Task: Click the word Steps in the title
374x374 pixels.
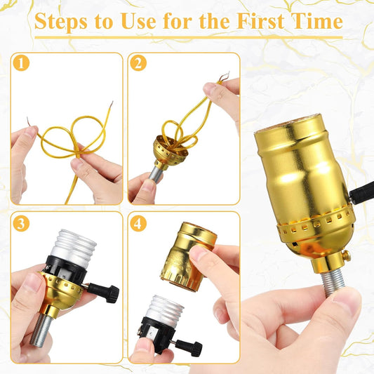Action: click(x=61, y=21)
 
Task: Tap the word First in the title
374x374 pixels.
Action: click(x=261, y=21)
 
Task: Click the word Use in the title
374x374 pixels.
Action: click(x=138, y=21)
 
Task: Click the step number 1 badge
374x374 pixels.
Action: click(x=21, y=63)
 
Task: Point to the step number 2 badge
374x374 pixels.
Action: click(x=138, y=63)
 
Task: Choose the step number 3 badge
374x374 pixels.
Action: click(x=21, y=224)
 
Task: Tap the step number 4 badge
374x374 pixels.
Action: click(x=138, y=224)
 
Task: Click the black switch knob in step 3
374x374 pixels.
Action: click(x=105, y=292)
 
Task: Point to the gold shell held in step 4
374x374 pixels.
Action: click(x=189, y=256)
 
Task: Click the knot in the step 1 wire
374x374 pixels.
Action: click(x=76, y=152)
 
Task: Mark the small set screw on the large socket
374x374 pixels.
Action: click(x=346, y=255)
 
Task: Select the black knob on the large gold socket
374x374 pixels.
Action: click(x=361, y=192)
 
